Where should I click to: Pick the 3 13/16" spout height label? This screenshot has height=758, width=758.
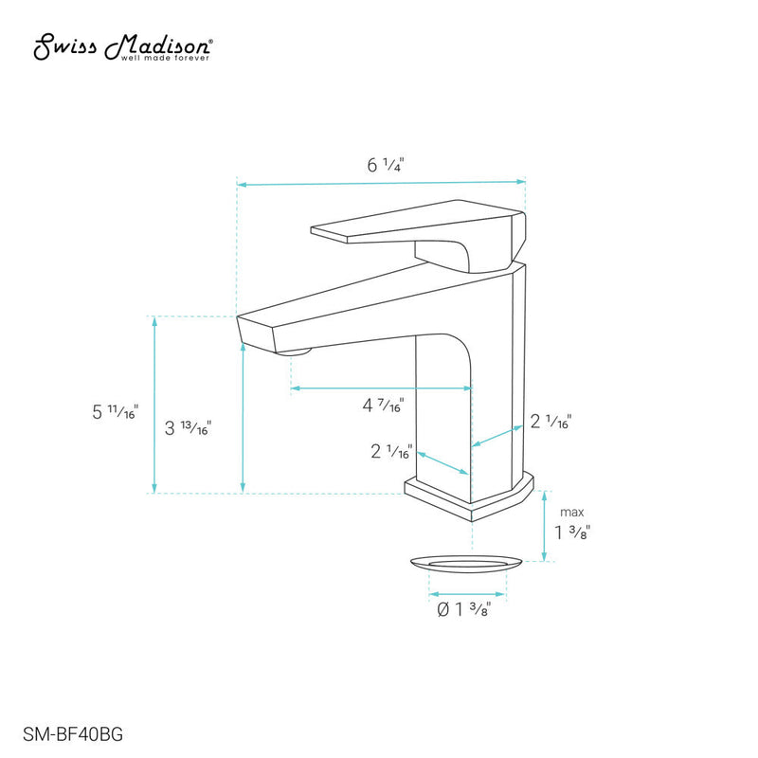188,427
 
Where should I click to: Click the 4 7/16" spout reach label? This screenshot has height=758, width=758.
384,406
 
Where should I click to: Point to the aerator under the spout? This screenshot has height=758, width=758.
297,352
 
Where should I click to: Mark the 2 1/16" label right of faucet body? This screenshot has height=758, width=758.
550,421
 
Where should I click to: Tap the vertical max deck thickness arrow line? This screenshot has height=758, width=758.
544,525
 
